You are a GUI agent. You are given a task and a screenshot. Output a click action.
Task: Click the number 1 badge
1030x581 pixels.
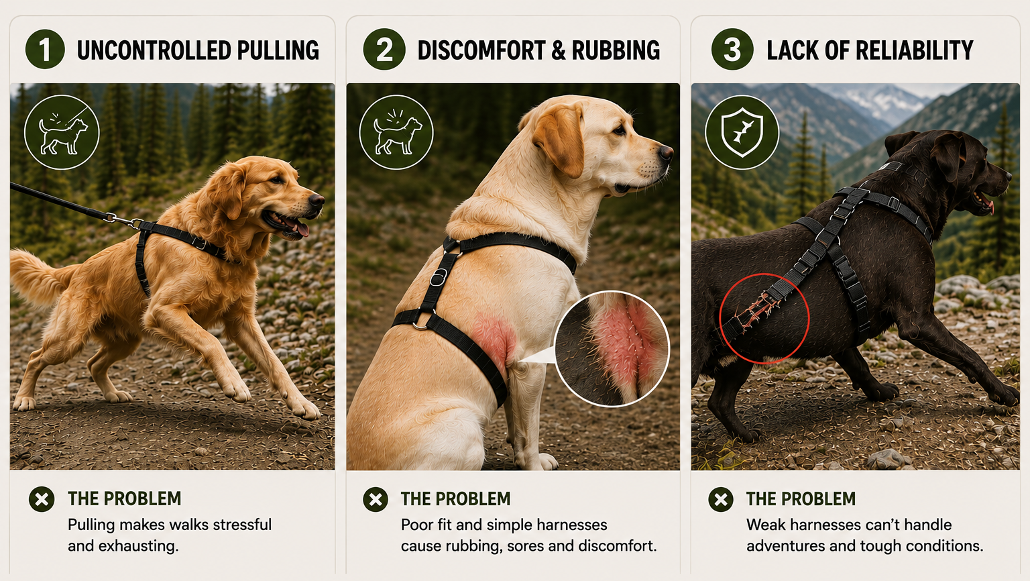[x=45, y=49]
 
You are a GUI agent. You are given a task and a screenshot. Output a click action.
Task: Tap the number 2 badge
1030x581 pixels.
[x=384, y=49]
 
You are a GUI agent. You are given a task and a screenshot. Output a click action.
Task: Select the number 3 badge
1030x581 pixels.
[x=732, y=49]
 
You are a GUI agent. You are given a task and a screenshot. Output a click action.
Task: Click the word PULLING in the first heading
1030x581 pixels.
[x=278, y=50]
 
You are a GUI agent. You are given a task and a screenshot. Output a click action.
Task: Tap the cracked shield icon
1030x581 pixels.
[x=742, y=132]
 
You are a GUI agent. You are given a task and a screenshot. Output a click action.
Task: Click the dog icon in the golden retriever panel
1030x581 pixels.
[x=62, y=132]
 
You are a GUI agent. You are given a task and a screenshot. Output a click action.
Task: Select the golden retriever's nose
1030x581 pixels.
[x=317, y=200]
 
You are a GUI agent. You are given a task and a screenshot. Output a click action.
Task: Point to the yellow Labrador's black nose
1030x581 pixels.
[x=666, y=152]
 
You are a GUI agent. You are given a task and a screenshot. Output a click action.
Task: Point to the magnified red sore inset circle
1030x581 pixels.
[x=612, y=349]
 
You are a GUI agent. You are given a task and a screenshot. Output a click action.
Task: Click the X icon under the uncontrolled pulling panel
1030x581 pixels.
[x=42, y=499]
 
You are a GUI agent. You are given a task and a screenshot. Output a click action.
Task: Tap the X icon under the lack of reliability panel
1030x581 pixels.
[x=721, y=500]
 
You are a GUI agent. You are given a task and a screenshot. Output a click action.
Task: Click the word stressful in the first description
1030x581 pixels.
[x=242, y=525]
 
